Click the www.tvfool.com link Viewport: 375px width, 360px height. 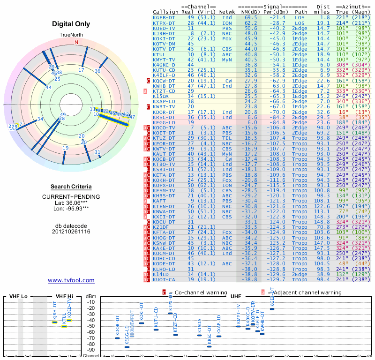(71, 280)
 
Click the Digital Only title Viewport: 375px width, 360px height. (71, 24)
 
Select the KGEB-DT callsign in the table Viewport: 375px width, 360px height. (164, 17)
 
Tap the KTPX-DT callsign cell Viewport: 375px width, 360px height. (164, 23)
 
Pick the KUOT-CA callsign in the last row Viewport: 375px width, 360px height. (164, 279)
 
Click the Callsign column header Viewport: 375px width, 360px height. (165, 11)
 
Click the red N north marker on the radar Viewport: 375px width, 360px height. (76, 42)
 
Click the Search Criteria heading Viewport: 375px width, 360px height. (71, 187)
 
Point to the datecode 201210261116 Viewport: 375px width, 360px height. (71, 232)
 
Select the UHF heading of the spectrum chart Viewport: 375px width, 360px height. (236, 296)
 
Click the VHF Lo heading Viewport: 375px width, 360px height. (18, 296)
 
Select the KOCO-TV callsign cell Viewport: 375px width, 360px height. (164, 127)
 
